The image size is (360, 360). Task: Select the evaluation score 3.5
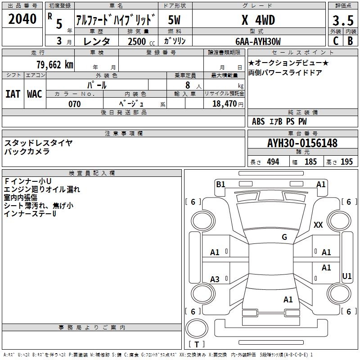pyautogui.click(x=342, y=21)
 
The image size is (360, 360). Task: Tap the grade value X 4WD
pyautogui.click(x=258, y=20)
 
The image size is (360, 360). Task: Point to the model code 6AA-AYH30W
pyautogui.click(x=258, y=41)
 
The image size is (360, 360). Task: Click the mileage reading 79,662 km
pyautogui.click(x=54, y=64)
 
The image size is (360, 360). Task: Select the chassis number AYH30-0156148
pyautogui.click(x=302, y=143)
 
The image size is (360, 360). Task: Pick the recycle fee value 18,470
pyautogui.click(x=224, y=104)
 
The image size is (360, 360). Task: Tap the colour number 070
pyautogui.click(x=74, y=104)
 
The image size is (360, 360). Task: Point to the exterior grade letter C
pyautogui.click(x=335, y=41)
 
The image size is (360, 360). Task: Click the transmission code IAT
pyautogui.click(x=13, y=94)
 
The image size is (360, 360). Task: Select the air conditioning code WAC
pyautogui.click(x=35, y=94)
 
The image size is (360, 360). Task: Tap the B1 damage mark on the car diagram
pyautogui.click(x=220, y=184)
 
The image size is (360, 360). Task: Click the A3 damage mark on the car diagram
pyautogui.click(x=215, y=279)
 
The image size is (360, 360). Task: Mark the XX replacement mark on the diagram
pyautogui.click(x=318, y=225)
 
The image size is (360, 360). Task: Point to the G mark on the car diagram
pyautogui.click(x=284, y=237)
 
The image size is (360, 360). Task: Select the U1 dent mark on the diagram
pyautogui.click(x=346, y=276)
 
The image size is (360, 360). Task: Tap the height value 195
pyautogui.click(x=346, y=162)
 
